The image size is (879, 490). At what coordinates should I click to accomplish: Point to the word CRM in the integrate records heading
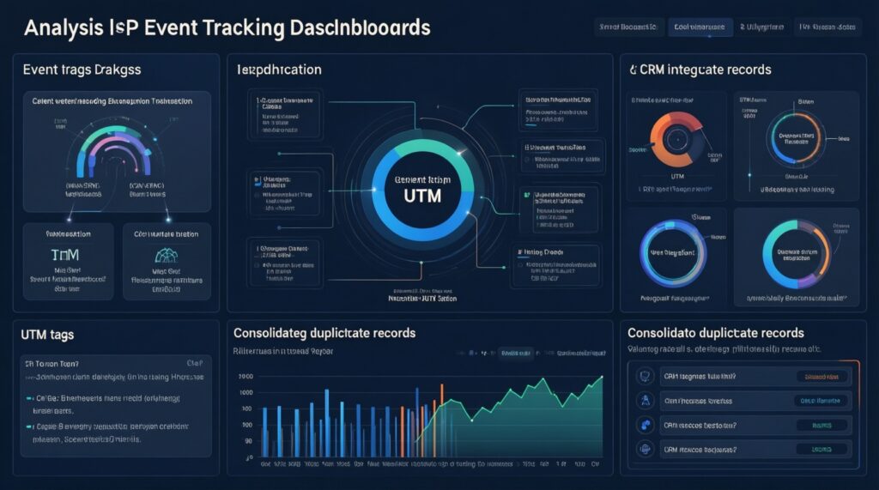(659, 69)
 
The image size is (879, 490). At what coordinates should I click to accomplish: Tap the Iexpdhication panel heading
(279, 69)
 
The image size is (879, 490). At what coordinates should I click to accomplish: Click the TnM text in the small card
(66, 255)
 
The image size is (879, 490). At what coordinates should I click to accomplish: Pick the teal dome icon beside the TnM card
(166, 255)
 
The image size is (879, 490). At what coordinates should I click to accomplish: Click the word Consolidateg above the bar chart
(279, 332)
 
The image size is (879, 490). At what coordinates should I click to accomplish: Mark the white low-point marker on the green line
(470, 419)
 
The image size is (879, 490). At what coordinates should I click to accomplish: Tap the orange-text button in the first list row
(821, 376)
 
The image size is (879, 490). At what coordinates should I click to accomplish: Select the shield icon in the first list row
(644, 376)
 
